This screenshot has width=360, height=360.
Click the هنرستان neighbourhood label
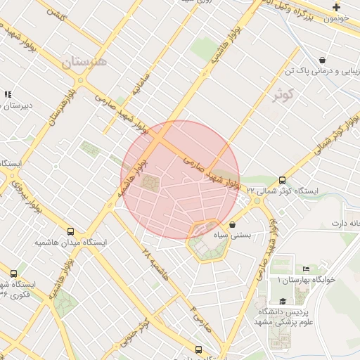[x=85, y=61]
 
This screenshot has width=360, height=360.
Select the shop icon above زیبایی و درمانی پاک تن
[x=322, y=60]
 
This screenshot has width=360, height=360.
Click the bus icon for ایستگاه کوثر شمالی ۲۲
[x=283, y=181]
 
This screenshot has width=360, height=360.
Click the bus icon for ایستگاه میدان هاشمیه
[x=70, y=231]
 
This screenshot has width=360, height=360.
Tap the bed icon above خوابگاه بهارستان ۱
[x=305, y=269]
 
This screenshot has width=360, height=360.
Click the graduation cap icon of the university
[x=283, y=301]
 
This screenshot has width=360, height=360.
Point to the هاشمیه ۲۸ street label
[x=155, y=262]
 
